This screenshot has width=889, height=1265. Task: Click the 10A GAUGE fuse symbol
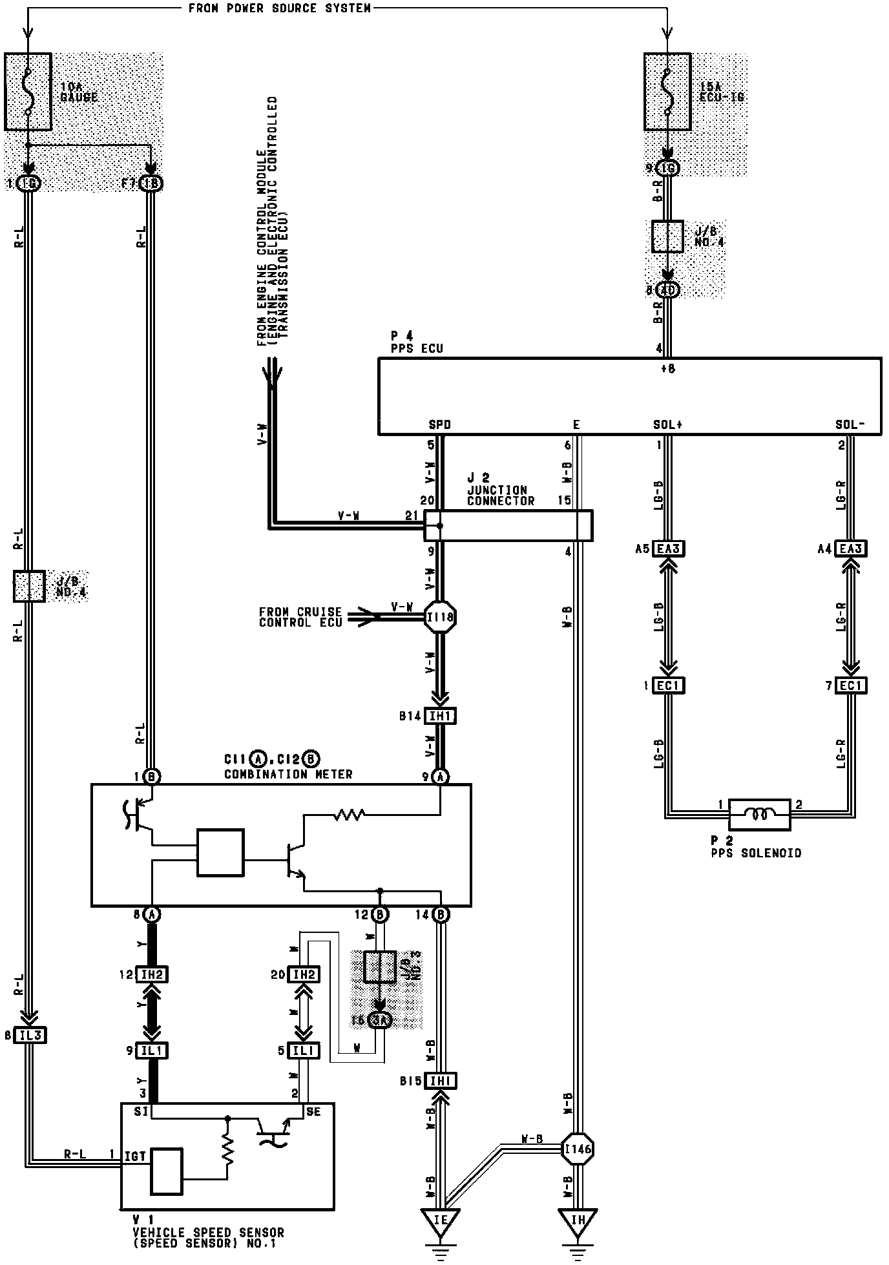(x=28, y=92)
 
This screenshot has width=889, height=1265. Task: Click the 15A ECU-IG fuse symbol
(x=667, y=92)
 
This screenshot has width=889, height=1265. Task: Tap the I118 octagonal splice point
(x=441, y=617)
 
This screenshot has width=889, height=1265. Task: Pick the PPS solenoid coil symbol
(x=759, y=815)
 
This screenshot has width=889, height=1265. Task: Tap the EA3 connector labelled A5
(x=668, y=549)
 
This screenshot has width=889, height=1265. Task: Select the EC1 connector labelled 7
(x=850, y=685)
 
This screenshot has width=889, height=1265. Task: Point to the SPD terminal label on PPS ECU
(x=440, y=425)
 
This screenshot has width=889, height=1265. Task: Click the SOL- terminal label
(x=849, y=425)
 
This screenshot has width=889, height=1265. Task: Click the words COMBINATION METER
(x=288, y=774)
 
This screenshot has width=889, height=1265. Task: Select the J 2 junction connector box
(x=508, y=525)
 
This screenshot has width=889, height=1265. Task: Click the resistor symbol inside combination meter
(x=349, y=815)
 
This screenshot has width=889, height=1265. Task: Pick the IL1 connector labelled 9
(x=152, y=1051)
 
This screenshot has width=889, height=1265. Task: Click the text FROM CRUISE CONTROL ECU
(x=300, y=617)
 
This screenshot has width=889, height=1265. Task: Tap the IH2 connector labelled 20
(x=303, y=974)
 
